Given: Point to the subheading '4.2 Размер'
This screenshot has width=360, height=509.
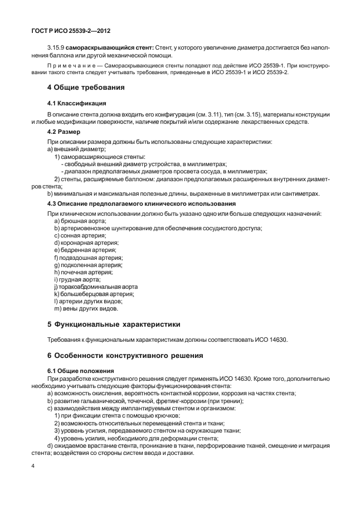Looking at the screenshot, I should click(x=64, y=132).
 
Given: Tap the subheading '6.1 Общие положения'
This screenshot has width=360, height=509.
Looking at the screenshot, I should click(x=80, y=371).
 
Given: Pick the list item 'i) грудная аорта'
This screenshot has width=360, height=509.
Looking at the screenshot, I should click(x=74, y=279).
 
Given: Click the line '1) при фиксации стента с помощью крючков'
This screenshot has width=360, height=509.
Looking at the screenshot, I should click(x=117, y=416).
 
